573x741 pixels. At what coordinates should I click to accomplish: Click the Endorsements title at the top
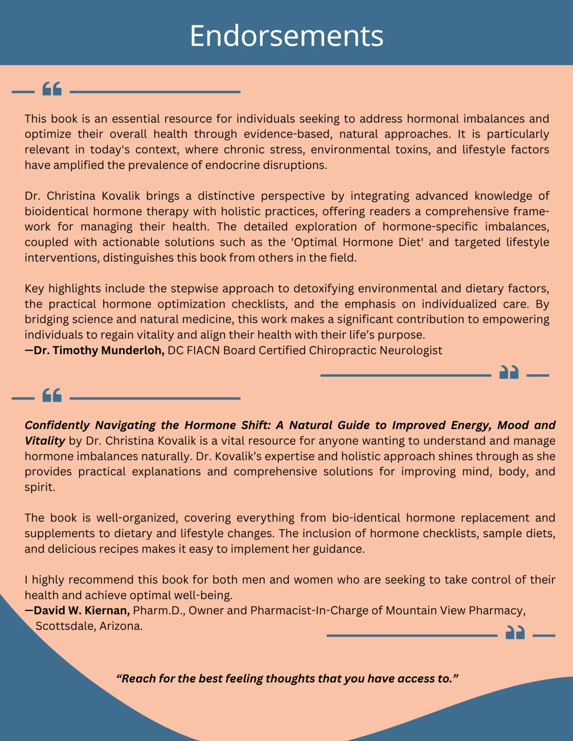tap(286, 36)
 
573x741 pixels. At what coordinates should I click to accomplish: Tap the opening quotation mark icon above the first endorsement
tap(52, 89)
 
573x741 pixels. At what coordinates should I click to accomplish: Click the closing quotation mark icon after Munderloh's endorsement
tap(509, 372)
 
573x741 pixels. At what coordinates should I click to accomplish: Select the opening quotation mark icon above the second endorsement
tap(52, 395)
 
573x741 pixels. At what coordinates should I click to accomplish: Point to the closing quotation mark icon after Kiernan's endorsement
tap(515, 633)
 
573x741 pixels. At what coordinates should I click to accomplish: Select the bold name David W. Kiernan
tap(82, 610)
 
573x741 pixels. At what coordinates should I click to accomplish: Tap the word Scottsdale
tap(65, 626)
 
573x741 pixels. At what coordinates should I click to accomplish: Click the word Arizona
tap(121, 626)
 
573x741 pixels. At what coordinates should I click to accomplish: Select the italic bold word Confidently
tap(57, 425)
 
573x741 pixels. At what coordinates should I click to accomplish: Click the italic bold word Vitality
tap(44, 440)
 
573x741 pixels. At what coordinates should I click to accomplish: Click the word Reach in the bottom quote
tap(138, 678)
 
